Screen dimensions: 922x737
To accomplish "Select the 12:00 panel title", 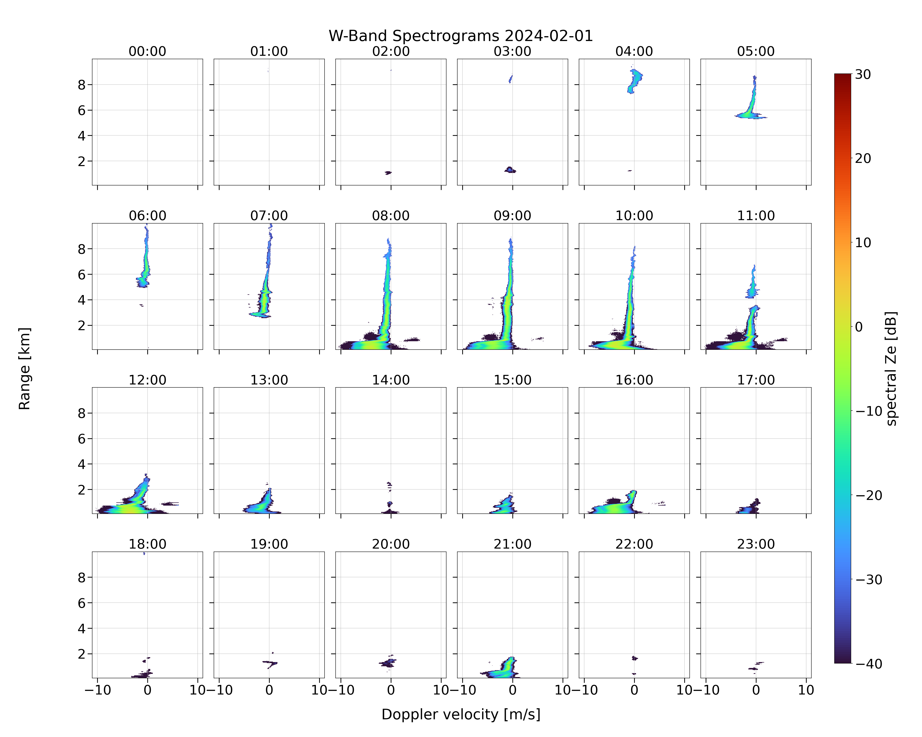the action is [x=148, y=380].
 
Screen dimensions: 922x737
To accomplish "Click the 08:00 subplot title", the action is [x=391, y=216].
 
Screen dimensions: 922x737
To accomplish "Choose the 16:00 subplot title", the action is [x=634, y=380].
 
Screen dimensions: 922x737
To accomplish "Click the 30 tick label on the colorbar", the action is [x=863, y=74].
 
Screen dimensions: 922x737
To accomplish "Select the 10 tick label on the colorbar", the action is [x=863, y=243].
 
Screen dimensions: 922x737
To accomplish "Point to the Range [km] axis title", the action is [x=24, y=368].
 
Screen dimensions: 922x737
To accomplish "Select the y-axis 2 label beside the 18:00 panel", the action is [x=82, y=654].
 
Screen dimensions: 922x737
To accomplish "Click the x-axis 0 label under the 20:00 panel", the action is [x=391, y=690].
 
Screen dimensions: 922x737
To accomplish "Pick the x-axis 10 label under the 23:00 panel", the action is [x=806, y=690].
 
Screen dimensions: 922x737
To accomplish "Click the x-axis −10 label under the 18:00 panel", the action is [x=98, y=690].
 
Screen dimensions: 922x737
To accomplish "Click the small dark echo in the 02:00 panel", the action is [x=388, y=173].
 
